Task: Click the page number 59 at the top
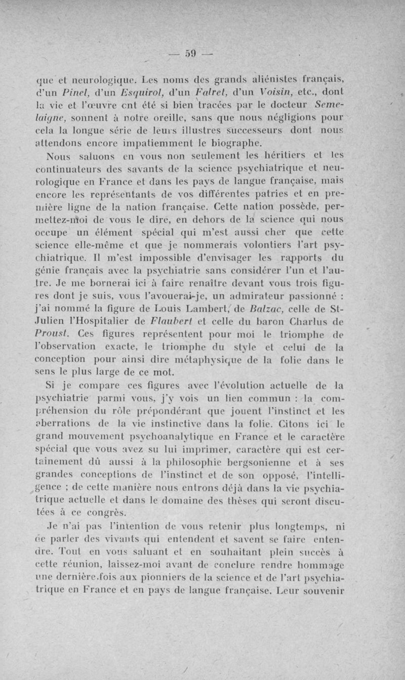190,53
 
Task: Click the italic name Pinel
77,91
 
